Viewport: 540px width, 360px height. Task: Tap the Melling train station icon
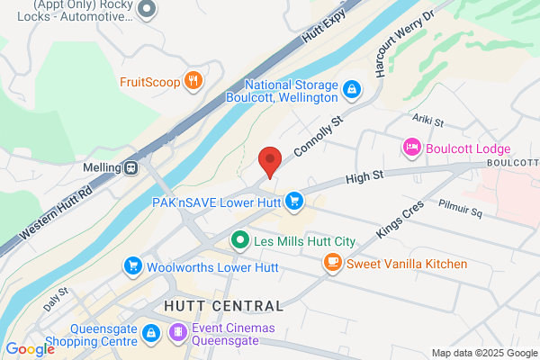[x=131, y=166]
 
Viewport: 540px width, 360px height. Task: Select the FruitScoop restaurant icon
[x=192, y=83]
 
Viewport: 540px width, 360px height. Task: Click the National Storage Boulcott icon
[x=352, y=90]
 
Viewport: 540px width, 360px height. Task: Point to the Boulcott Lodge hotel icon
[x=411, y=148]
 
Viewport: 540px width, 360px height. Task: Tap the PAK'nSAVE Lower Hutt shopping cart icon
[x=292, y=200]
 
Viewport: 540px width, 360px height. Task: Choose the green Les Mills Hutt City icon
[x=239, y=240]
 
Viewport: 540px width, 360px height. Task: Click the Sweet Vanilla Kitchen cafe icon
[x=332, y=263]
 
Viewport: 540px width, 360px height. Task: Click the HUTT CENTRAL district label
[x=224, y=306]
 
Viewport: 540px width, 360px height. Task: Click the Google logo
[x=30, y=349]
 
